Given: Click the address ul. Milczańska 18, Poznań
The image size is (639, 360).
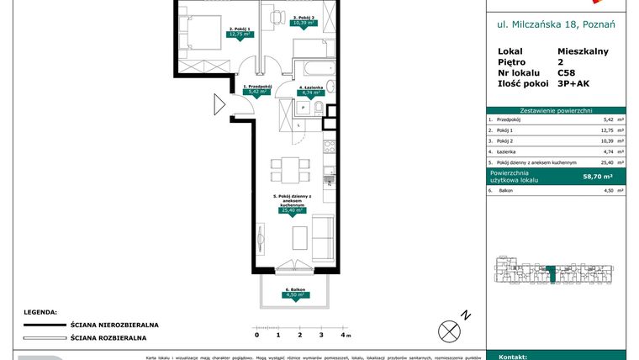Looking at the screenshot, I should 556,24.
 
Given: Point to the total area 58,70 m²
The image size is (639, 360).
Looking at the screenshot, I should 599,177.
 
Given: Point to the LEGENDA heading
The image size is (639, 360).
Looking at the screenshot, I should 40,311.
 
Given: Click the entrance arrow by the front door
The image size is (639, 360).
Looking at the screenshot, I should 219,105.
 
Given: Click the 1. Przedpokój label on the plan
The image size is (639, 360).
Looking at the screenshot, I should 256,87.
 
